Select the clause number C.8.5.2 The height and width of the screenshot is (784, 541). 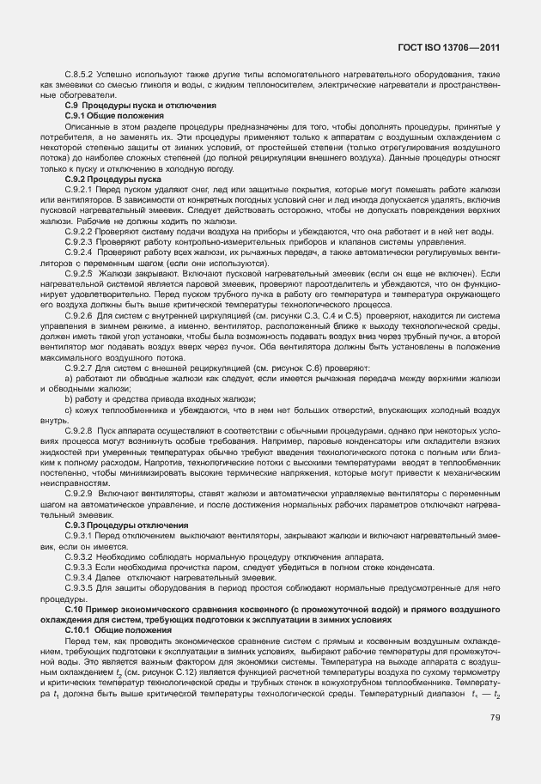[x=79, y=76]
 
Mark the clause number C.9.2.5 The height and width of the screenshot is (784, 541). [x=79, y=271]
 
